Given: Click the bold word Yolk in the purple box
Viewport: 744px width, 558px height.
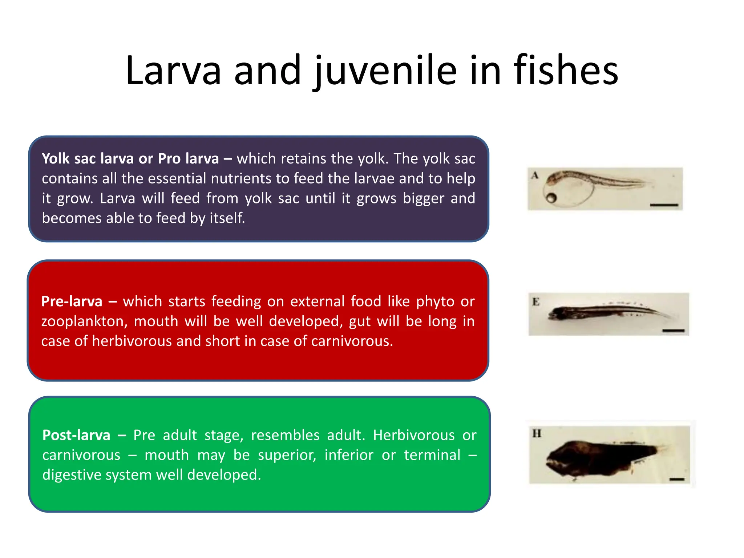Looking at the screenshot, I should click(x=56, y=159).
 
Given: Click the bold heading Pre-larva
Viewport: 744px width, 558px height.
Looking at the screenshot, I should click(x=72, y=302).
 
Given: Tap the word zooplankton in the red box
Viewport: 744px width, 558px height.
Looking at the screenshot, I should click(x=84, y=322).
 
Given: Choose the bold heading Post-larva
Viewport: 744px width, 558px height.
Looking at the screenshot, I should click(x=76, y=435).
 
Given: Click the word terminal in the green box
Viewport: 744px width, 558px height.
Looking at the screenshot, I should click(x=432, y=455).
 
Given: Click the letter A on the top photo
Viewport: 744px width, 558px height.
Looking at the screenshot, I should click(x=534, y=175).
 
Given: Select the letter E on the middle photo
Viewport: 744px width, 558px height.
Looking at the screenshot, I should click(x=536, y=302).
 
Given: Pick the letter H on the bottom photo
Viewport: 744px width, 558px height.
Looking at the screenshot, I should click(x=537, y=433).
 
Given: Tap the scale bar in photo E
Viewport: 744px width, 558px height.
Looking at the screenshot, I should click(x=673, y=331).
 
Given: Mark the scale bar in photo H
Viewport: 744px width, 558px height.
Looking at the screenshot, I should click(x=676, y=480).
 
